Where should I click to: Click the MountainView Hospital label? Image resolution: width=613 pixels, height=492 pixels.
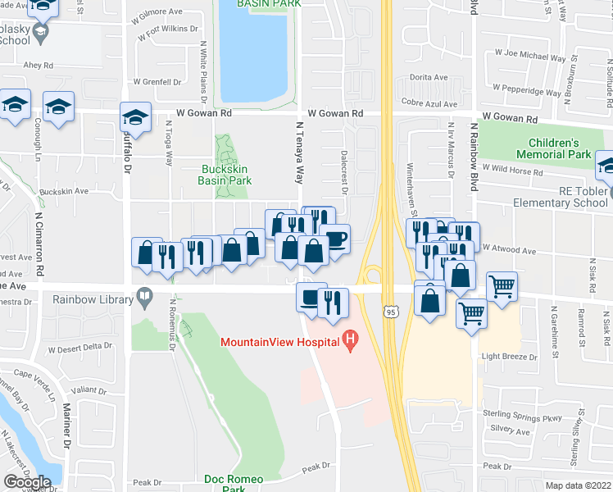point(279,340)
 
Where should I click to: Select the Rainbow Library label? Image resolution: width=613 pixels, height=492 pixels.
point(89,298)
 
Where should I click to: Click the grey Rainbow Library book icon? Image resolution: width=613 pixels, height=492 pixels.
point(145,295)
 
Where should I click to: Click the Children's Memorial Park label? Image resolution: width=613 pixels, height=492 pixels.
point(553,148)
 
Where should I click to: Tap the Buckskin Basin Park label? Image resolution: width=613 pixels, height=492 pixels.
point(225,175)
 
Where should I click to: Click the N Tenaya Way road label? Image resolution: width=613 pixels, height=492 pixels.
point(299,155)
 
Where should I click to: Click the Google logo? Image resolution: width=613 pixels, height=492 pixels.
point(27,482)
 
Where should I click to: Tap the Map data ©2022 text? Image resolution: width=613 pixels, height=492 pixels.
point(579,485)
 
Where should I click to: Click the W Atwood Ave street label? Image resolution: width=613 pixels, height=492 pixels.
point(508,249)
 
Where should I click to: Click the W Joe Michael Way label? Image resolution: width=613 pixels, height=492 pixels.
point(529,58)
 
